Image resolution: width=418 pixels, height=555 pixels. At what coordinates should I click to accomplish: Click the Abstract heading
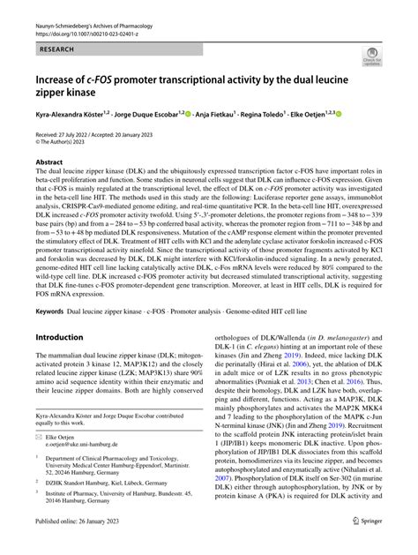(49, 162)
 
